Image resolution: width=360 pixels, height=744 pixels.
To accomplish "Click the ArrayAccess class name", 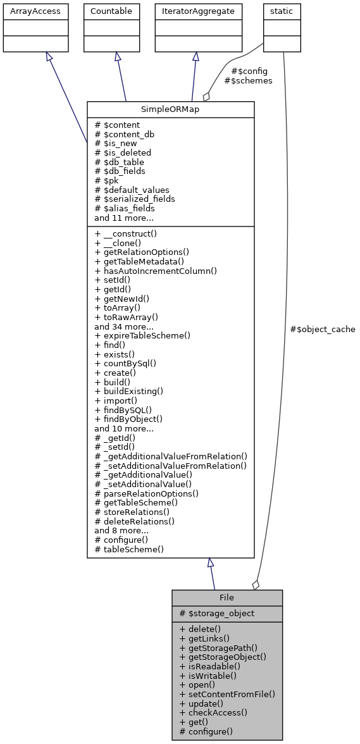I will (30, 11).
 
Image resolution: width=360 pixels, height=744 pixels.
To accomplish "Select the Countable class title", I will (111, 11).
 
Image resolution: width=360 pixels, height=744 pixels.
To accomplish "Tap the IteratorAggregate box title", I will (199, 11).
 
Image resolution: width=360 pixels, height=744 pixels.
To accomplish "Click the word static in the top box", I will (282, 11).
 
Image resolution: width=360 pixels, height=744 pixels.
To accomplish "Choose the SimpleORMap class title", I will (170, 109).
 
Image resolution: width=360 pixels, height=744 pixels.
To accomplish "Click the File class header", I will (227, 598).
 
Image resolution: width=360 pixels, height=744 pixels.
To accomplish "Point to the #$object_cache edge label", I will (322, 330).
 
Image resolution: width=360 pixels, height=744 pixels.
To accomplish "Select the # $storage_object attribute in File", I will (217, 613).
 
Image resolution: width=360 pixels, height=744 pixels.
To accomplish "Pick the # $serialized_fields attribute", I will (135, 199).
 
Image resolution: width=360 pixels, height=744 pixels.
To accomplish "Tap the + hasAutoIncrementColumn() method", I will (156, 271).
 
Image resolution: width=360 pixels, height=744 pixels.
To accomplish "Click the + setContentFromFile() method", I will (227, 694).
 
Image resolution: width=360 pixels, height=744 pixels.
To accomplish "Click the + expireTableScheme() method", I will (142, 336).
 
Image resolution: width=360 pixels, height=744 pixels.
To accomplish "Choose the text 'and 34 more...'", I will (124, 326).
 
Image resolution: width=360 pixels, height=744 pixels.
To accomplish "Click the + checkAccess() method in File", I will (213, 712).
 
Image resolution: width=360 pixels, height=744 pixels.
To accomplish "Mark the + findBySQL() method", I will (123, 409).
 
